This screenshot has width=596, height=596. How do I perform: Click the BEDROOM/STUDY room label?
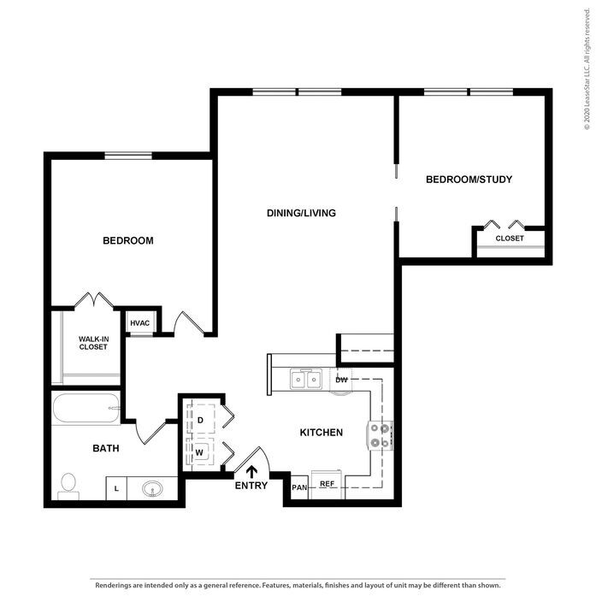(x=469, y=180)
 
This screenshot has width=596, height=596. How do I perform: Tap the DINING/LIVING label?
(x=301, y=213)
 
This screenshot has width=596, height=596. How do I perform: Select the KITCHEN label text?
(x=322, y=432)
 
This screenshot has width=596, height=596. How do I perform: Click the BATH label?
(x=106, y=448)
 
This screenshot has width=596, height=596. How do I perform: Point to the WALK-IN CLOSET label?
(x=93, y=343)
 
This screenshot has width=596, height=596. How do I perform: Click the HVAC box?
(x=140, y=323)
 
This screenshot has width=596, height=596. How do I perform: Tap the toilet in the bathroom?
(x=68, y=487)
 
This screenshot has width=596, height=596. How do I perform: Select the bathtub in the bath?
(x=86, y=408)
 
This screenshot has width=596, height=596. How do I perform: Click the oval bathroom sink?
(x=152, y=489)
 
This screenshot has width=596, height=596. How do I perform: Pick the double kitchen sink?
(x=306, y=379)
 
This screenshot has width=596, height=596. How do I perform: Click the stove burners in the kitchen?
(x=381, y=435)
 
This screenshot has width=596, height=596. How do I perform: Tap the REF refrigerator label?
(x=327, y=483)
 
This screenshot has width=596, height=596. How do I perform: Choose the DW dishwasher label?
(x=341, y=380)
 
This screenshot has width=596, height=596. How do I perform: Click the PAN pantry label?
(x=299, y=487)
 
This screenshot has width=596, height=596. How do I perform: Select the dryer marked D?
(x=201, y=419)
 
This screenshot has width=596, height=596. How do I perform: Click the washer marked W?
(x=200, y=452)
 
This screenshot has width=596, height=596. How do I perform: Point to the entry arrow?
(x=251, y=472)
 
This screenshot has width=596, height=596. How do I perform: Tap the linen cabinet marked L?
(x=116, y=488)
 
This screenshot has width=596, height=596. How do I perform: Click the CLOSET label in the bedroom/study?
(x=510, y=239)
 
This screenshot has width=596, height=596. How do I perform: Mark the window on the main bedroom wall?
(x=128, y=156)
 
